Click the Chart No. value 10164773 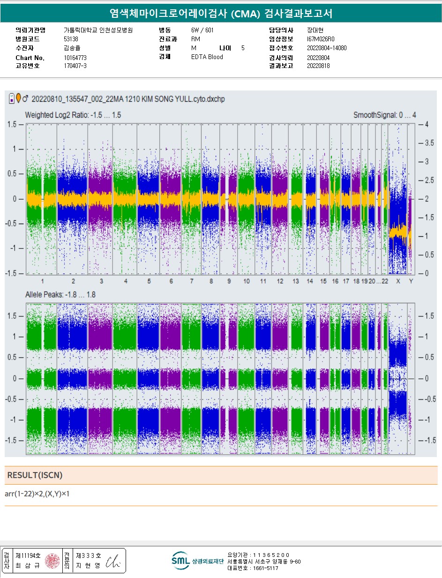click(75, 58)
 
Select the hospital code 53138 click(71, 39)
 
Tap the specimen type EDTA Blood click(207, 57)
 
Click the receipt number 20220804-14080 click(327, 48)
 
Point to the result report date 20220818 click(318, 66)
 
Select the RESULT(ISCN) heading click(35, 475)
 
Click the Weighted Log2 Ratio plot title click(73, 115)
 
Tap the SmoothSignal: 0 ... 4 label click(383, 115)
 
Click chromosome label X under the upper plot click(398, 281)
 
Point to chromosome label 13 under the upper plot click(295, 281)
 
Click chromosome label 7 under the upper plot click(192, 281)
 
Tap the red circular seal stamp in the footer click(52, 561)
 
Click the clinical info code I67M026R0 click(321, 39)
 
